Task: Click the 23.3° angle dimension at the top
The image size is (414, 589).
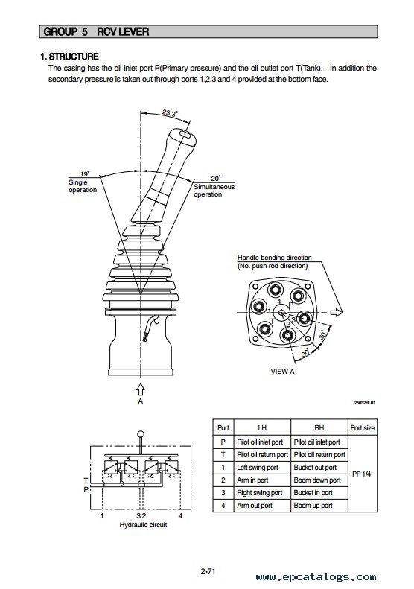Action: coord(171,113)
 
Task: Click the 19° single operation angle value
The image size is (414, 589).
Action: coord(85,174)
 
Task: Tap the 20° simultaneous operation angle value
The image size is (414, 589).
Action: coord(215,179)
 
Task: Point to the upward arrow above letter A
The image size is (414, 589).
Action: coord(141,389)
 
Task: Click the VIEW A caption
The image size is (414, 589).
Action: coord(282,372)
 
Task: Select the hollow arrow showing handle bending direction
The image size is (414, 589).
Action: coord(337,312)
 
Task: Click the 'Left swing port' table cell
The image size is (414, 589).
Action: coord(258,468)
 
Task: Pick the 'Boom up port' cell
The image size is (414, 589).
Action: coord(313,506)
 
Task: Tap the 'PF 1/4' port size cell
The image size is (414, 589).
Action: coord(361,474)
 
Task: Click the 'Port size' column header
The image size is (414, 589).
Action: coord(362,428)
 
